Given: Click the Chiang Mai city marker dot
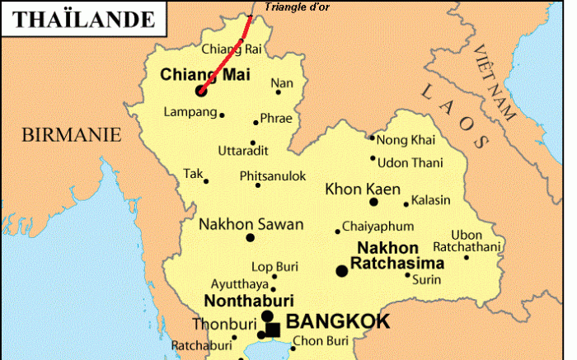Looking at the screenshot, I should click(200, 91).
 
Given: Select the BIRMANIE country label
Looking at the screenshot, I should click(70, 133).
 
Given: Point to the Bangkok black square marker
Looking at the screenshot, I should click(273, 330).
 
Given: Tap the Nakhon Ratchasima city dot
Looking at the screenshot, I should click(341, 270).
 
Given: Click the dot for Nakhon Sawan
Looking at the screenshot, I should click(251, 238).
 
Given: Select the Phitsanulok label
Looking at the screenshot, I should click(273, 176).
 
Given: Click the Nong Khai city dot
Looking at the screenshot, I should click(372, 138).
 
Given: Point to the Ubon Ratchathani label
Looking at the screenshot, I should click(473, 241).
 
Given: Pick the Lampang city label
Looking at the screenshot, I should click(190, 112).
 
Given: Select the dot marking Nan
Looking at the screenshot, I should click(278, 91).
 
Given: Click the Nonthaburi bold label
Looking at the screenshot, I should click(249, 300).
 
